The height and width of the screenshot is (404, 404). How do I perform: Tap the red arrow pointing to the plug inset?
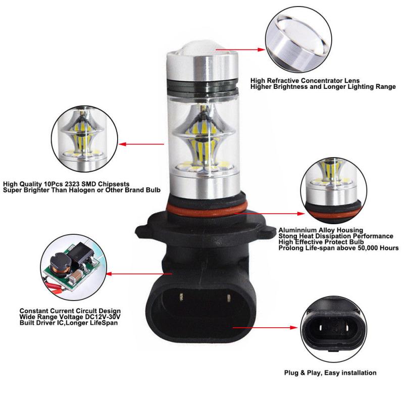pos(263,327)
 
